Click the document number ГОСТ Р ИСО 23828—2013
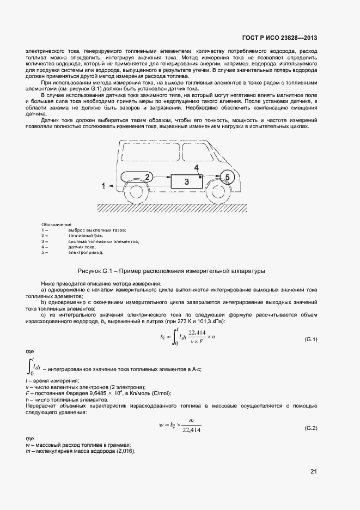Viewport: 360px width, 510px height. [279, 38]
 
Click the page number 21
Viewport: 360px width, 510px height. [313, 471]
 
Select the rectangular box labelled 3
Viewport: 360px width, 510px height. [187, 181]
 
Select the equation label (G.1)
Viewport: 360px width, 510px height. [310, 339]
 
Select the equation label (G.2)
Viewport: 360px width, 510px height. [310, 429]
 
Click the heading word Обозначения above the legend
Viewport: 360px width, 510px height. [56, 224]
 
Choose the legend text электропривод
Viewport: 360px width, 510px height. [86, 253]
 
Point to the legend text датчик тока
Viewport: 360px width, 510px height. [83, 247]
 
